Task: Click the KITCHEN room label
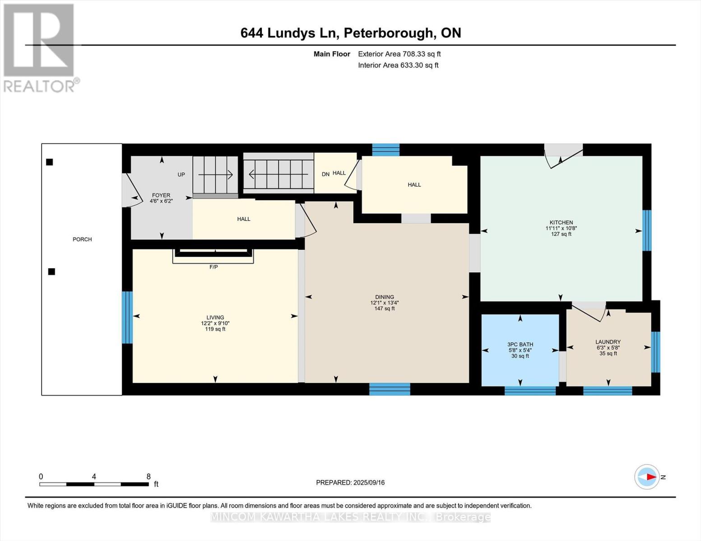pos(561,222)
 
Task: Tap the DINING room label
pos(385,297)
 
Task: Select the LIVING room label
pos(215,317)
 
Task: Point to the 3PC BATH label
pos(520,344)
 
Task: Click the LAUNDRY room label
pos(608,342)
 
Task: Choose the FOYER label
pos(161,195)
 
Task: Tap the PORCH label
pos(82,239)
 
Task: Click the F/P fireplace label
pos(214,267)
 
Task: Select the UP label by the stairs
pos(181,174)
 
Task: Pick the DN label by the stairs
pos(325,174)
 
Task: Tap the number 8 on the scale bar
pos(149,477)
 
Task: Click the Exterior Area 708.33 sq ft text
pos(399,54)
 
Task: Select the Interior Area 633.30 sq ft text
pos(399,65)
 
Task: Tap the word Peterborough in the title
pos(388,33)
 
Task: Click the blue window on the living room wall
pos(127,317)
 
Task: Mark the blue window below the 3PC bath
pos(530,391)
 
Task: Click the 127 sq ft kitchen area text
pos(561,234)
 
